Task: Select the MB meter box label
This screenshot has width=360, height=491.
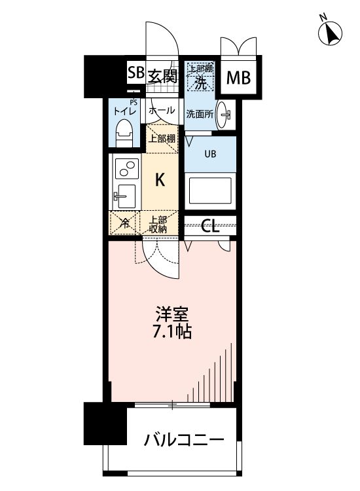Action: [x=238, y=78]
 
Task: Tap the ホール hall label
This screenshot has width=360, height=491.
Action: [x=161, y=111]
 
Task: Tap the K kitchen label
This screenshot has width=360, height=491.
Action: [x=159, y=178]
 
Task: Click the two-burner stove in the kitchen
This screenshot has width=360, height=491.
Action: [x=126, y=169]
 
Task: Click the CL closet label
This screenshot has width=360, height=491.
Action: [x=209, y=226]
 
